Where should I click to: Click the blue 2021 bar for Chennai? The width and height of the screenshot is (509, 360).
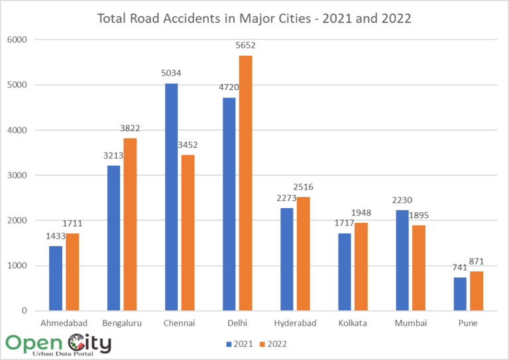pyautogui.click(x=171, y=197)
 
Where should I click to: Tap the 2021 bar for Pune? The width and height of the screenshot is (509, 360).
pyautogui.click(x=460, y=294)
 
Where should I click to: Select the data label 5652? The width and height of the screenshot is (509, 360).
pyautogui.click(x=244, y=46)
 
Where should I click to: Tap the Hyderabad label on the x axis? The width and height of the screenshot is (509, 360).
pyautogui.click(x=294, y=323)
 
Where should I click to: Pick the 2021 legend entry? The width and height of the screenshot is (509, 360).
pyautogui.click(x=239, y=344)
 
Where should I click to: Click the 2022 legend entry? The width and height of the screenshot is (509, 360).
pyautogui.click(x=274, y=344)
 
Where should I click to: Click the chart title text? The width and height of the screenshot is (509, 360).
pyautogui.click(x=254, y=18)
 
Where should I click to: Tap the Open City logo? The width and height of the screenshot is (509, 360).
pyautogui.click(x=58, y=344)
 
